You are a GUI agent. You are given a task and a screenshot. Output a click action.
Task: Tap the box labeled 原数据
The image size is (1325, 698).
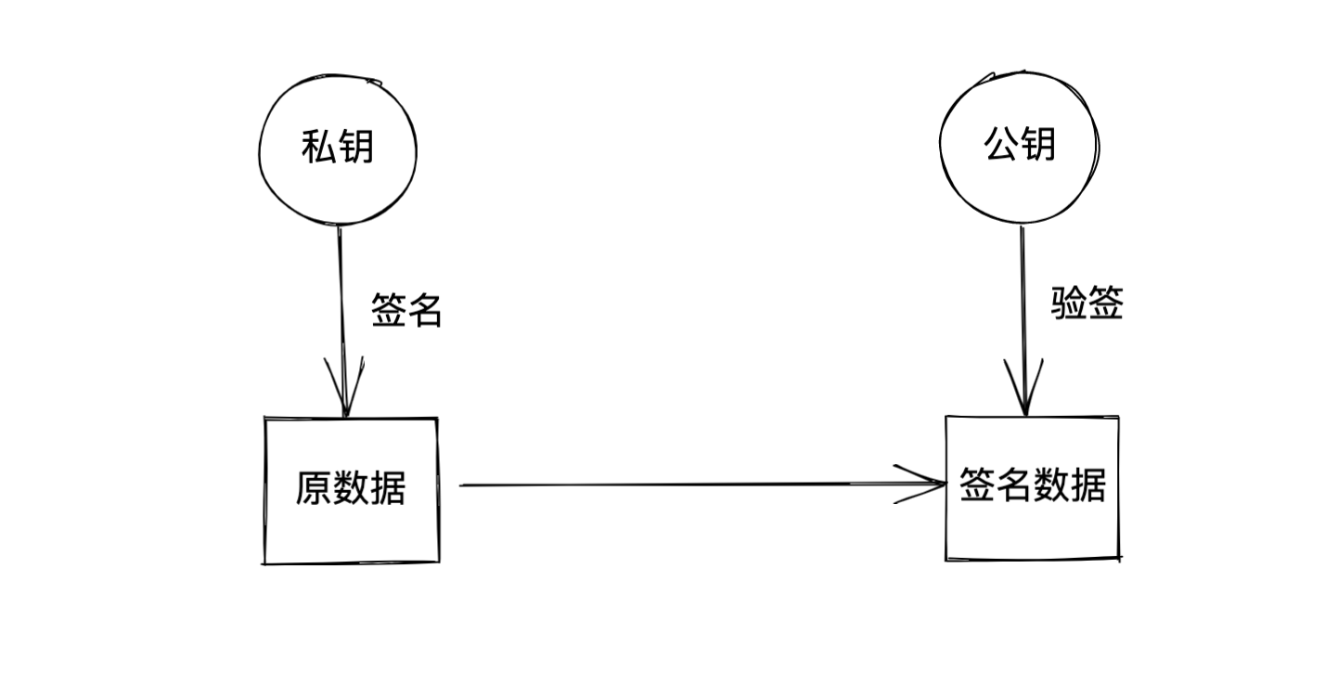(351, 489)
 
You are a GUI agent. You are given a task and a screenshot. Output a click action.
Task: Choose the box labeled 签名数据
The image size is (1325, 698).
(1032, 486)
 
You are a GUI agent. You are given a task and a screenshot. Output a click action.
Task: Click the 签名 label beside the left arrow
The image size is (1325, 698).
(406, 311)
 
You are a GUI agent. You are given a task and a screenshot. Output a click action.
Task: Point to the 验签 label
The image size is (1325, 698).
(1087, 304)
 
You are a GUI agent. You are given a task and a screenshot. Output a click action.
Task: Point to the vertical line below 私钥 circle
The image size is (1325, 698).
(341, 297)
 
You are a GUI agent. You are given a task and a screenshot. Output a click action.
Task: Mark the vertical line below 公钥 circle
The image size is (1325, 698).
(1023, 297)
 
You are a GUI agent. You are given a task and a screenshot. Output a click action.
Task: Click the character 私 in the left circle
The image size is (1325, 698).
(318, 147)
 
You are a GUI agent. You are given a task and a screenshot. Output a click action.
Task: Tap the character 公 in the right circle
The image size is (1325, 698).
(1000, 145)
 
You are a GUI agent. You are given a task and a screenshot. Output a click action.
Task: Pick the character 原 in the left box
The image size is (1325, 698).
(314, 489)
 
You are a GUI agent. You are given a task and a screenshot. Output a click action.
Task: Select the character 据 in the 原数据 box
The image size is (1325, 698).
(388, 489)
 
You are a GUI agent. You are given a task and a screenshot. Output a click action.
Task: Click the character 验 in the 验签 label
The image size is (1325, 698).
(1068, 304)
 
